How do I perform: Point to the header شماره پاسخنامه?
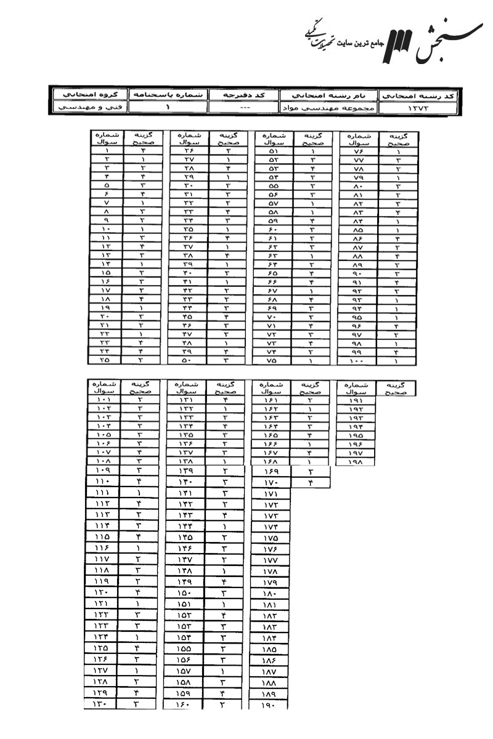pos(168,95)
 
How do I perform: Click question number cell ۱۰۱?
pos(102,400)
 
